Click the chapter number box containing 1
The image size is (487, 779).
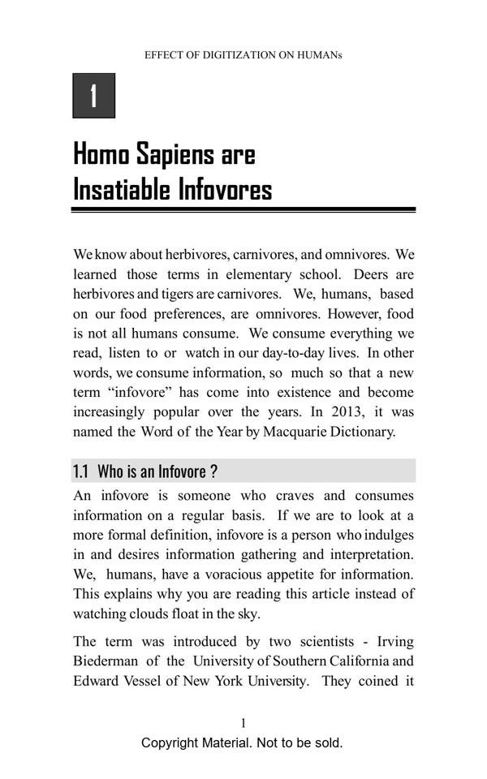pyautogui.click(x=94, y=96)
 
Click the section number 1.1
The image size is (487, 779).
pyautogui.click(x=80, y=471)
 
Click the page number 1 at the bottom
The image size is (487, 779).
pyautogui.click(x=243, y=723)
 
